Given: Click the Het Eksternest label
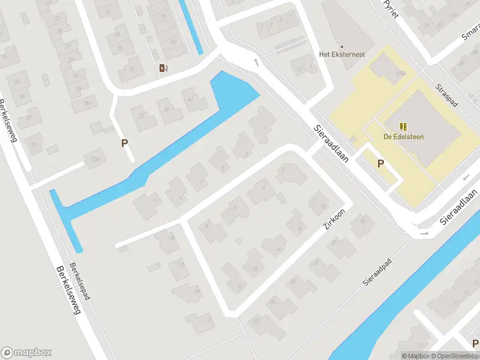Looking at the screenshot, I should click(341, 54).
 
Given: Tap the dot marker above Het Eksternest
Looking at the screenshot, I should click(341, 46).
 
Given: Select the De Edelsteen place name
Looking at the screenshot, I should click(403, 137).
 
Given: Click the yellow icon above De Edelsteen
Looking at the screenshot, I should click(403, 127).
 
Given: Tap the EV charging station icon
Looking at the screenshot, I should click(163, 68).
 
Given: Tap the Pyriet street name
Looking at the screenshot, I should click(392, 8).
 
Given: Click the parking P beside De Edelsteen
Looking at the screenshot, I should click(380, 163).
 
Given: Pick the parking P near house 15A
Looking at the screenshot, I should click(125, 143).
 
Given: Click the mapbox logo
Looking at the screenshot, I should click(26, 353).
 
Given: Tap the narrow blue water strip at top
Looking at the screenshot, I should click(192, 27).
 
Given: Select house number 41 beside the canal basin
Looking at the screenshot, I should click(190, 99).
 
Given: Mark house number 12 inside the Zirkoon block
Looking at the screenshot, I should click(254, 269).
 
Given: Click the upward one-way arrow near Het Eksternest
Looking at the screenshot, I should click(256, 61).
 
